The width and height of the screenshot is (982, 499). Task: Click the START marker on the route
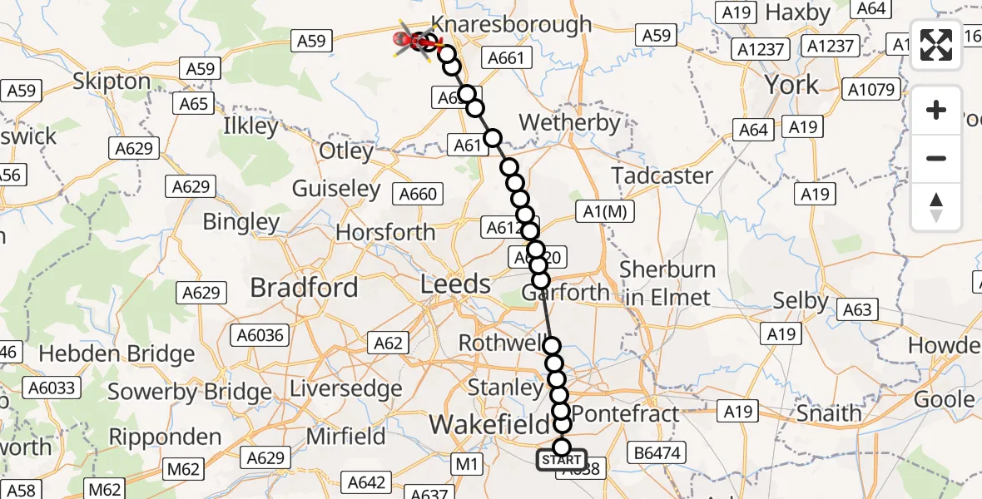point(562,460)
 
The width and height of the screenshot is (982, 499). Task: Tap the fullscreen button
point(936,45)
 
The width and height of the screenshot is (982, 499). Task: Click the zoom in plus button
point(936,110)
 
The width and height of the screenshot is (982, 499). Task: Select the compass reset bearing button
point(936,207)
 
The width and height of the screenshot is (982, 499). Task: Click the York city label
point(791,84)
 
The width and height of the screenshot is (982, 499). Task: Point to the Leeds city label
point(455,284)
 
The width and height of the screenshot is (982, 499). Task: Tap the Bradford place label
point(304,288)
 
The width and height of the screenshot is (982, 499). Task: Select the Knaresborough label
point(512,24)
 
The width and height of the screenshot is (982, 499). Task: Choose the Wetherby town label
point(570,123)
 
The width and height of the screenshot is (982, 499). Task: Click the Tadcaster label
point(662,175)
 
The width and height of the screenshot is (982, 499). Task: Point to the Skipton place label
point(112,81)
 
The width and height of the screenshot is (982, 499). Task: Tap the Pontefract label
point(626,413)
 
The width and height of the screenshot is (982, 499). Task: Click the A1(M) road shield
point(604,212)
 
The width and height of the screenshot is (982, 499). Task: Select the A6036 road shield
point(260,336)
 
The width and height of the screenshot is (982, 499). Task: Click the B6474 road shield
point(657,452)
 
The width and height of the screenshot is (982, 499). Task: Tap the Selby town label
point(801,300)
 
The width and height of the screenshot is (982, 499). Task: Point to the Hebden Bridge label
point(117,353)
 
